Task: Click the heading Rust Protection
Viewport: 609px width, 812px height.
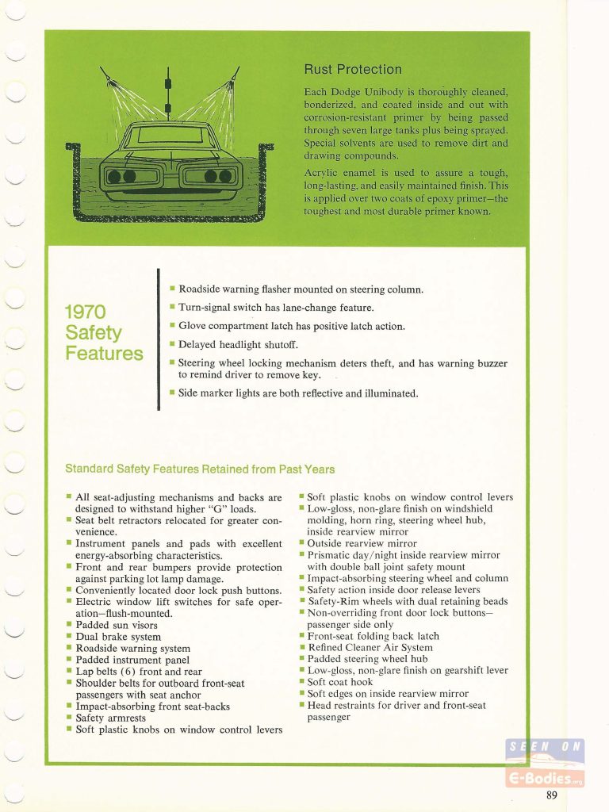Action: (354, 69)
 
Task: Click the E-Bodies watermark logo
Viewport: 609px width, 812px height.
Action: (545, 763)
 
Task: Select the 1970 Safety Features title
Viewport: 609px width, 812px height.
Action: (104, 331)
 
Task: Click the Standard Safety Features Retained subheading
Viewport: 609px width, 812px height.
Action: (200, 469)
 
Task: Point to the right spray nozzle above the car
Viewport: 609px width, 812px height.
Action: (236, 75)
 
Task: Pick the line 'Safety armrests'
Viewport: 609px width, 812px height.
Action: (111, 718)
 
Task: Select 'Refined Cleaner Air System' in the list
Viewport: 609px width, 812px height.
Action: (370, 647)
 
